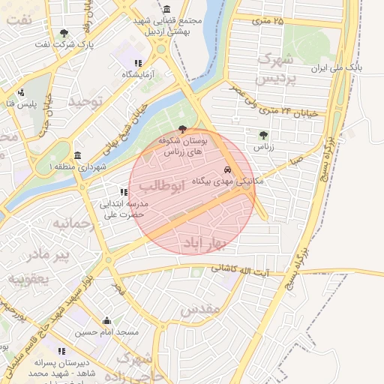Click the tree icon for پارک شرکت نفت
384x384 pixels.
pyautogui.click(x=64, y=33)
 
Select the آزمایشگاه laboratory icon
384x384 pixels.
pyautogui.click(x=137, y=64)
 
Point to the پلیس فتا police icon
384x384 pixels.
pyautogui.click(x=20, y=94)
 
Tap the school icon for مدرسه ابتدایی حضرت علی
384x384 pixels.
pyautogui.click(x=124, y=193)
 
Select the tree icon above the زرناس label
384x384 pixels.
pyautogui.click(x=263, y=135)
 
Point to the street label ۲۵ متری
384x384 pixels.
pyautogui.click(x=268, y=21)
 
